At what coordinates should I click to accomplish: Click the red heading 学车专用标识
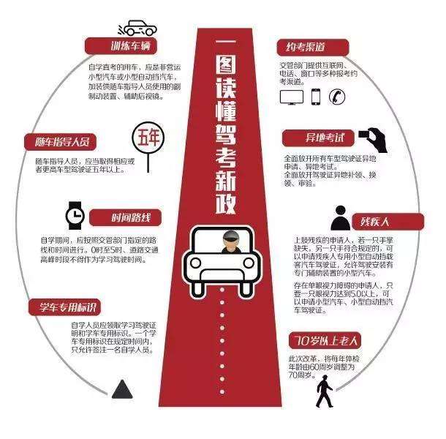[66, 306]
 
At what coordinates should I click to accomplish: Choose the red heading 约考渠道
[308, 48]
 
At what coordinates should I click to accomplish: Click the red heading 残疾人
[370, 220]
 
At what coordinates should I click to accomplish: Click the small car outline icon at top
[139, 29]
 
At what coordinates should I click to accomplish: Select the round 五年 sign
[144, 140]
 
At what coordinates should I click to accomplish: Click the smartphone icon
[316, 97]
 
